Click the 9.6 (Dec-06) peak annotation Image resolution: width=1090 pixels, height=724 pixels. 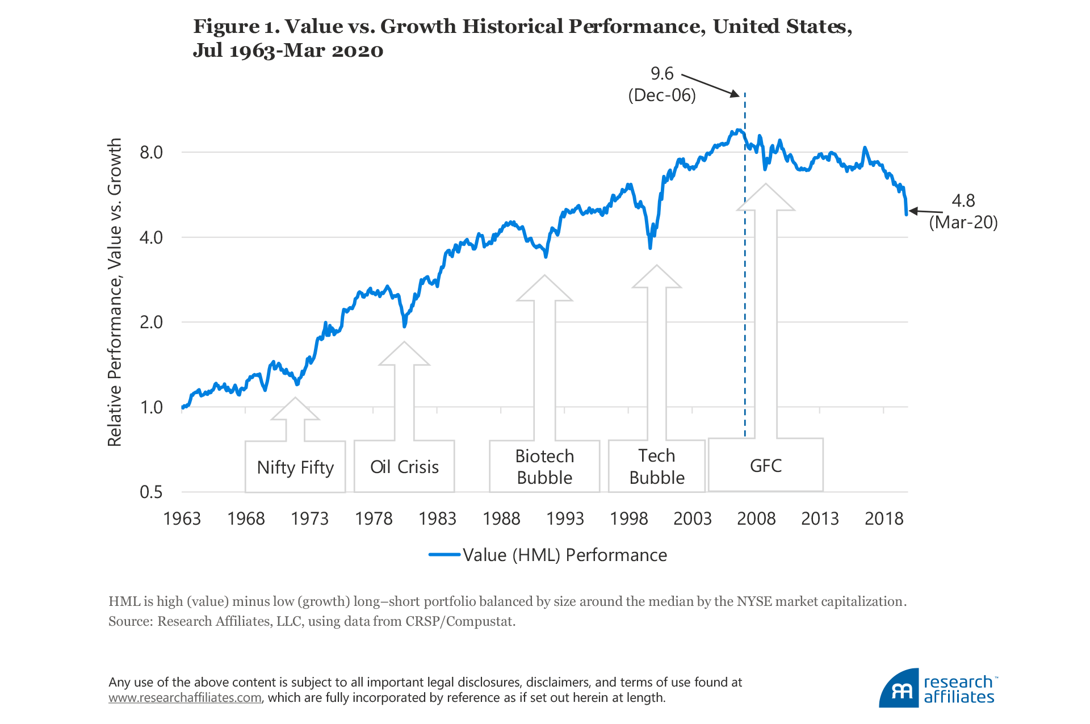click(x=662, y=84)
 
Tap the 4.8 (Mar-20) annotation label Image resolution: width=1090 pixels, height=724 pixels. click(x=963, y=211)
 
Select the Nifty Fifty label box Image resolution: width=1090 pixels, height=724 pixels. click(x=295, y=467)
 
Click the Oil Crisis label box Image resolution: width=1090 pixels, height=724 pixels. click(x=404, y=467)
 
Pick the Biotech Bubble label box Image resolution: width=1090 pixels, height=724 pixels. click(x=544, y=467)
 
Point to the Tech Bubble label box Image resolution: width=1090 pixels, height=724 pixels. click(x=657, y=467)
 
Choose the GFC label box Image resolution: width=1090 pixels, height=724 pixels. click(x=766, y=466)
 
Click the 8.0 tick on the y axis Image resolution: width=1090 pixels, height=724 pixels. click(x=151, y=152)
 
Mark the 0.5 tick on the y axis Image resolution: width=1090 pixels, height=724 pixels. click(x=151, y=492)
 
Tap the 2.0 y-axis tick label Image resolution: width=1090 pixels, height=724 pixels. click(x=151, y=322)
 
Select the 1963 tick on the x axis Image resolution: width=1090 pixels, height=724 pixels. click(x=182, y=518)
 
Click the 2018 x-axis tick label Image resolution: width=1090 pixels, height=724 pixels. click(x=884, y=518)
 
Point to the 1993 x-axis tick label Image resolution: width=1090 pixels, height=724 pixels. click(x=565, y=518)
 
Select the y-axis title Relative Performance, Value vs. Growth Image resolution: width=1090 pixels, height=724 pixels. click(x=115, y=292)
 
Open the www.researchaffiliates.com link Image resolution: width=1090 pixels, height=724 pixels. click(x=185, y=698)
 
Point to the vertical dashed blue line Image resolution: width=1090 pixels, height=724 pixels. click(x=745, y=284)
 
